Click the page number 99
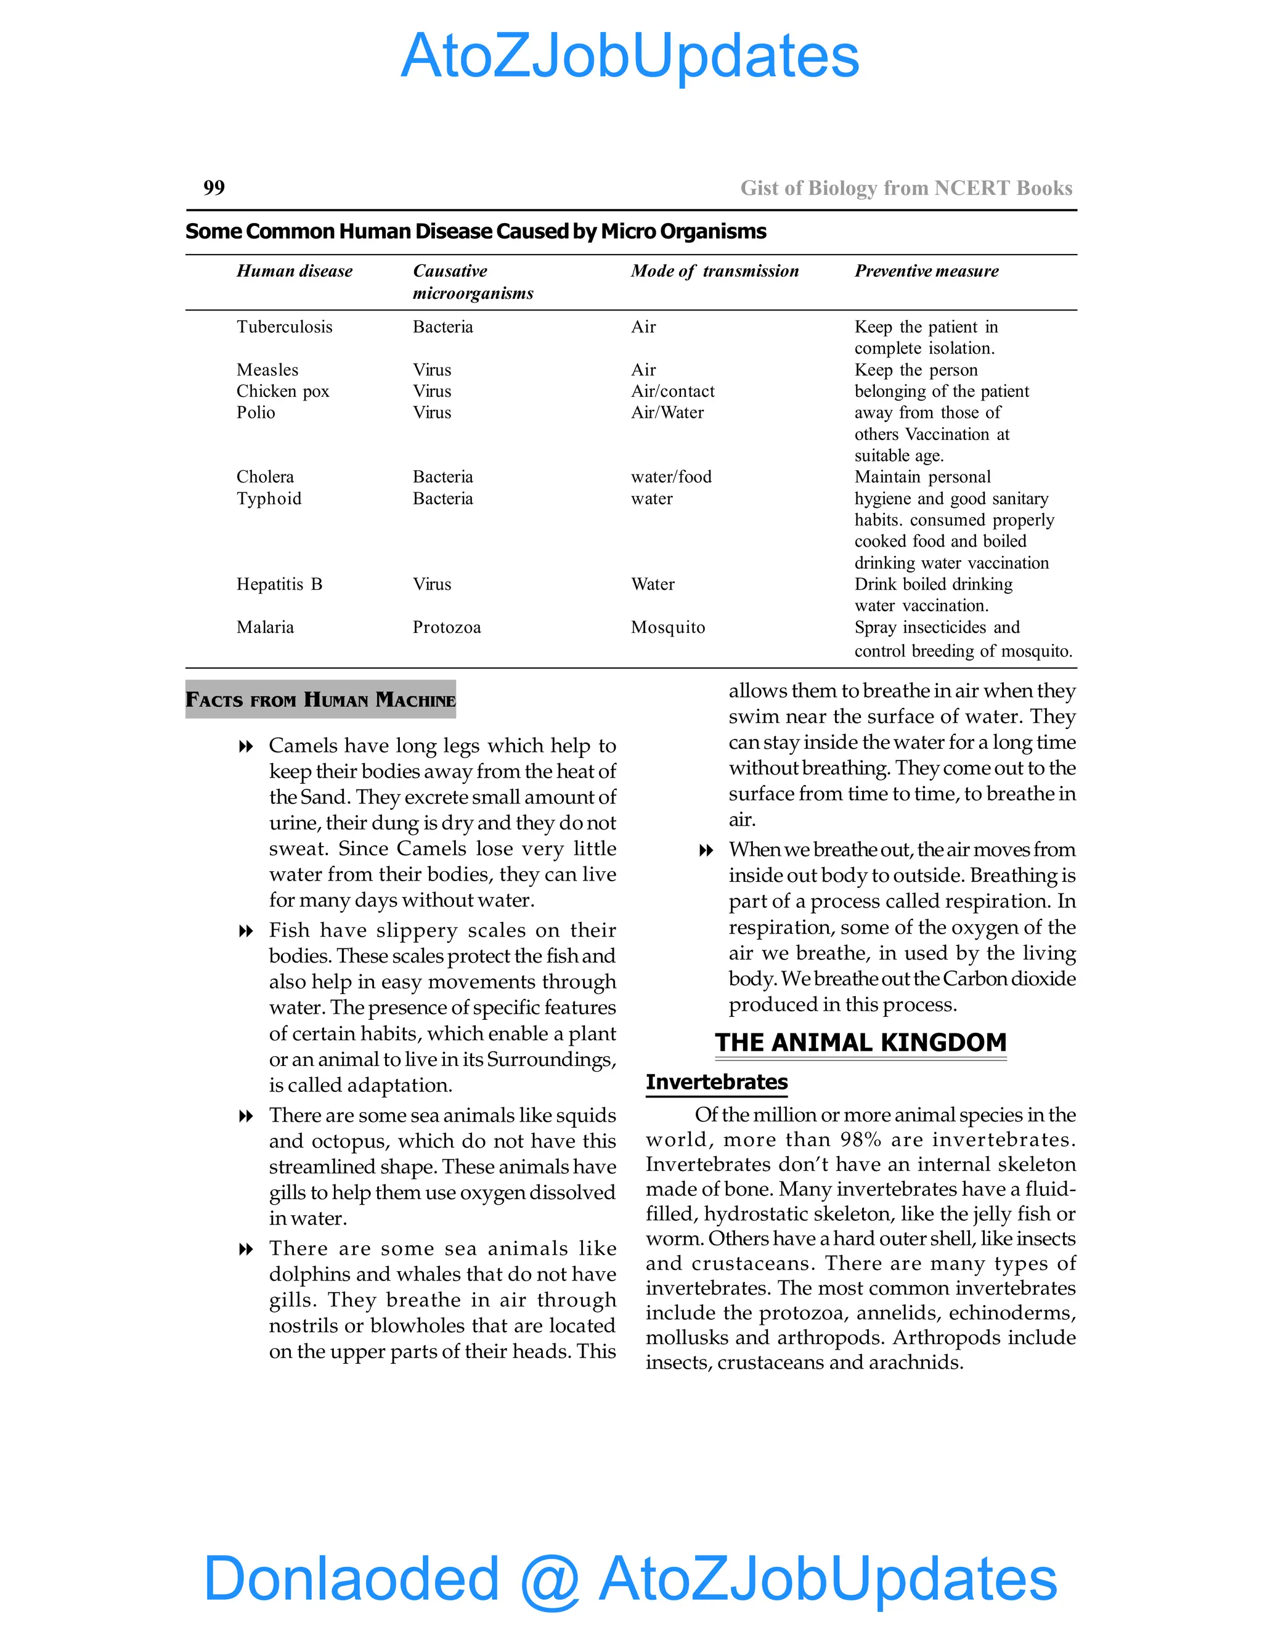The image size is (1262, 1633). click(x=214, y=188)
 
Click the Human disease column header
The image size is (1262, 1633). click(x=294, y=271)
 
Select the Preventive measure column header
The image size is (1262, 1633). click(x=926, y=271)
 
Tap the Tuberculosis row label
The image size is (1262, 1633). click(x=284, y=327)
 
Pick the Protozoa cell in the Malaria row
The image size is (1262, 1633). click(x=446, y=627)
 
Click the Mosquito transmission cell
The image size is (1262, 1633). click(x=667, y=627)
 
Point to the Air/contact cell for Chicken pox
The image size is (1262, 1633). click(x=672, y=391)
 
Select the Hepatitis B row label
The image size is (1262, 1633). click(x=279, y=584)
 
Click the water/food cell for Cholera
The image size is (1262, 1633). click(x=670, y=477)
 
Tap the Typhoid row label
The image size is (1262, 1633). click(x=269, y=499)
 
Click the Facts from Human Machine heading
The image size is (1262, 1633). click(x=320, y=700)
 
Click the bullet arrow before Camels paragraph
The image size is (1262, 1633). click(x=245, y=747)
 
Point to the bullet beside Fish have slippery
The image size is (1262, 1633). click(x=245, y=932)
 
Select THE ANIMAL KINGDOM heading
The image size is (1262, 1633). click(x=860, y=1042)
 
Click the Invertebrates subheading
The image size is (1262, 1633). click(x=716, y=1082)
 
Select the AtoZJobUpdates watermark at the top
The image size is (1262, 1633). click(x=630, y=56)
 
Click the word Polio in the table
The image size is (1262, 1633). click(x=256, y=413)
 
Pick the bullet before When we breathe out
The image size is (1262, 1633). click(x=705, y=851)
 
